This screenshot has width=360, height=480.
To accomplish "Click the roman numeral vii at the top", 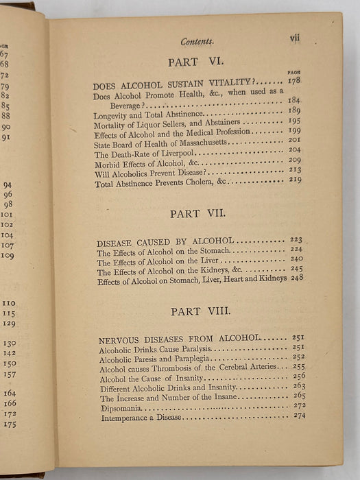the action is (x=295, y=39).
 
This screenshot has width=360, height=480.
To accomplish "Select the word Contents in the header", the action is (x=197, y=42).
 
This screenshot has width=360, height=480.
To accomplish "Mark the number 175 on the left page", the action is (x=9, y=424).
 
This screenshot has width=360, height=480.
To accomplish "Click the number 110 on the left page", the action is (x=9, y=303).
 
